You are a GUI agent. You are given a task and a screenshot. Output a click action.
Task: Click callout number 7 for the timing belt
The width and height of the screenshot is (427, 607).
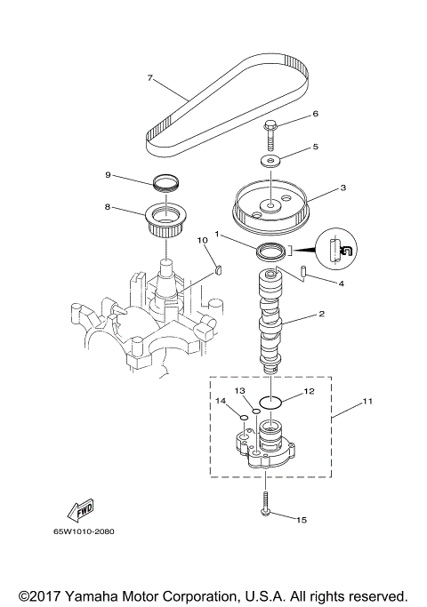tap(150, 77)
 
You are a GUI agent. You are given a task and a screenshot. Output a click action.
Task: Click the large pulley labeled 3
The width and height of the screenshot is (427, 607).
tap(268, 204)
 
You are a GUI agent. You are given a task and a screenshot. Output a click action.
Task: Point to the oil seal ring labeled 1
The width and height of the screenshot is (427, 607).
tap(271, 252)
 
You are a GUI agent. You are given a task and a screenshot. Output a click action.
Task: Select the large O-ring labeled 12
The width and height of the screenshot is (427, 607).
tap(270, 401)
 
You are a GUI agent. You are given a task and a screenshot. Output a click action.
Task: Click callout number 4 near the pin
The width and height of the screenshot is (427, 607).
tap(339, 284)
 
